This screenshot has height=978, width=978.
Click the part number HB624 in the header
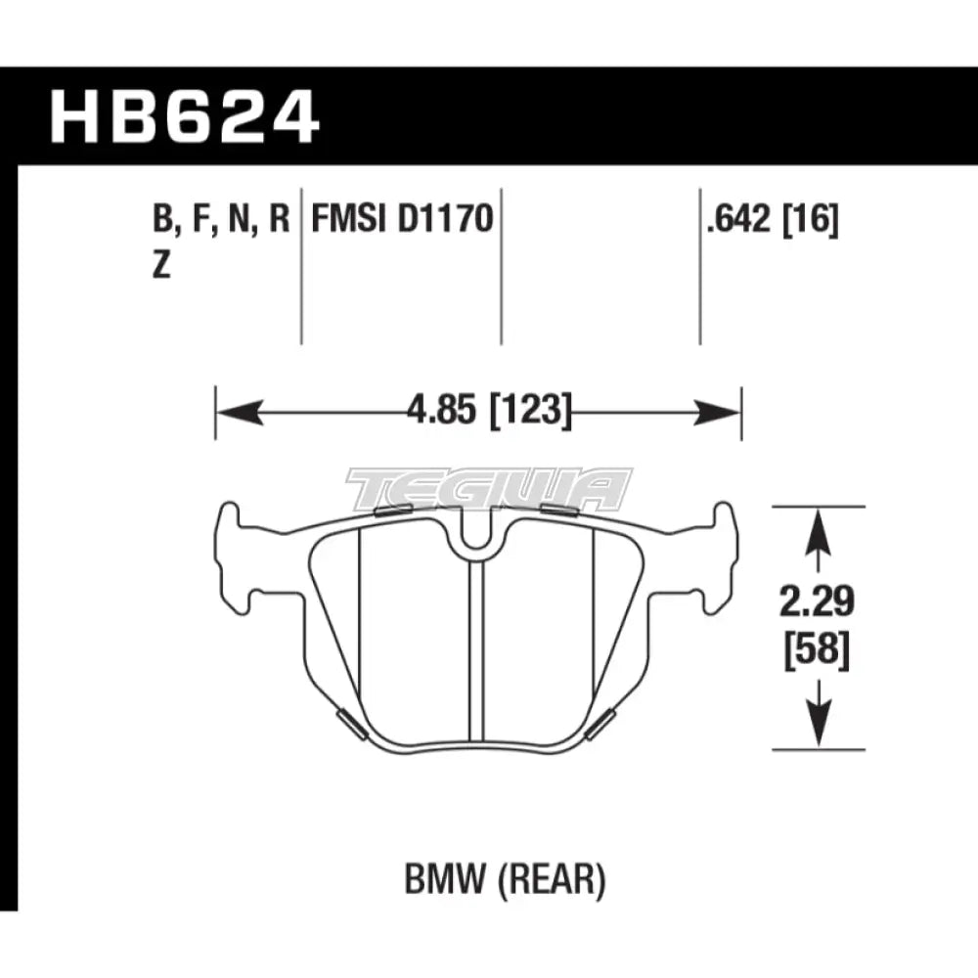coord(185,118)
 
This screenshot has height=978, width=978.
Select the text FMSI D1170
coord(401,218)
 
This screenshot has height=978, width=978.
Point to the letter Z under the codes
coord(161,267)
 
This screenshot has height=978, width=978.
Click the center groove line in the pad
coord(477,645)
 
